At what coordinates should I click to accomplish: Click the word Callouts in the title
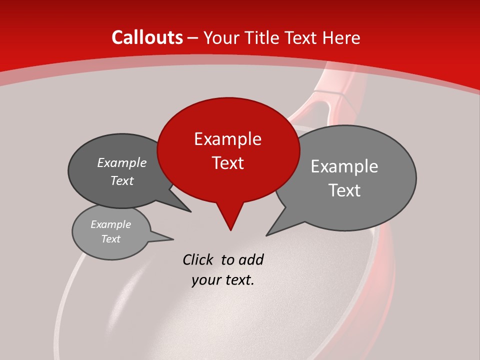click(147, 37)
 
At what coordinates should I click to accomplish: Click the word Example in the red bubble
click(227, 139)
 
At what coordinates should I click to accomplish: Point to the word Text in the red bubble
click(227, 163)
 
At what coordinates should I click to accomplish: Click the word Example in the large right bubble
click(344, 166)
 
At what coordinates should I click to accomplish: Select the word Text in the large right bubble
click(344, 190)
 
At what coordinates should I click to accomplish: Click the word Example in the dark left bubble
click(121, 162)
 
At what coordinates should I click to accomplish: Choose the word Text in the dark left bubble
click(121, 180)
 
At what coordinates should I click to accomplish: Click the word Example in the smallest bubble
click(110, 224)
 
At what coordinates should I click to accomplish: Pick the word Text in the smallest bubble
click(110, 239)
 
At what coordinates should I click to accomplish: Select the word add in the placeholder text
click(251, 259)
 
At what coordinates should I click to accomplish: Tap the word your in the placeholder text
click(205, 280)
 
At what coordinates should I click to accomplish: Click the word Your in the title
click(220, 37)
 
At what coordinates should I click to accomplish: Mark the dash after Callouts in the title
click(193, 37)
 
